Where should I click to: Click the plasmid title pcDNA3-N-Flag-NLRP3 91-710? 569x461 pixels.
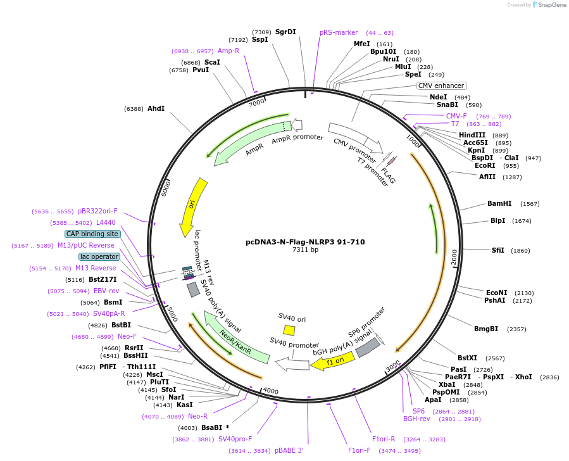pyautogui.click(x=305, y=241)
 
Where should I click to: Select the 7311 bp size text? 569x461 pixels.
pyautogui.click(x=305, y=250)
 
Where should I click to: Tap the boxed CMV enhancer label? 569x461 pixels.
pyautogui.click(x=441, y=85)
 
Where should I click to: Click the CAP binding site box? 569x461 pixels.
pyautogui.click(x=92, y=234)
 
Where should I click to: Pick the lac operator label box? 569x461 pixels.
pyautogui.click(x=99, y=256)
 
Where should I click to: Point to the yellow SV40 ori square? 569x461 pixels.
pyautogui.click(x=289, y=330)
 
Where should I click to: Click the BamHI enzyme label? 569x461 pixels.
pyautogui.click(x=499, y=204)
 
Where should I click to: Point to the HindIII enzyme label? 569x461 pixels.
pyautogui.click(x=472, y=135)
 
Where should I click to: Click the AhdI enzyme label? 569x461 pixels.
pyautogui.click(x=156, y=109)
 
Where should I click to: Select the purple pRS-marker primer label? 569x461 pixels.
pyautogui.click(x=339, y=32)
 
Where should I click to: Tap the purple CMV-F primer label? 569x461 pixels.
pyautogui.click(x=456, y=116)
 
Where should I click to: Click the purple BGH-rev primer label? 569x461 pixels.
pyautogui.click(x=416, y=419)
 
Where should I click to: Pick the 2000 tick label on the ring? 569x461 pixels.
pyautogui.click(x=454, y=258)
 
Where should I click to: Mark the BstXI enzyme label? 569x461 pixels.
pyautogui.click(x=467, y=358)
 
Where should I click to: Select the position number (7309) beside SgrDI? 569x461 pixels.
pyautogui.click(x=261, y=32)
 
